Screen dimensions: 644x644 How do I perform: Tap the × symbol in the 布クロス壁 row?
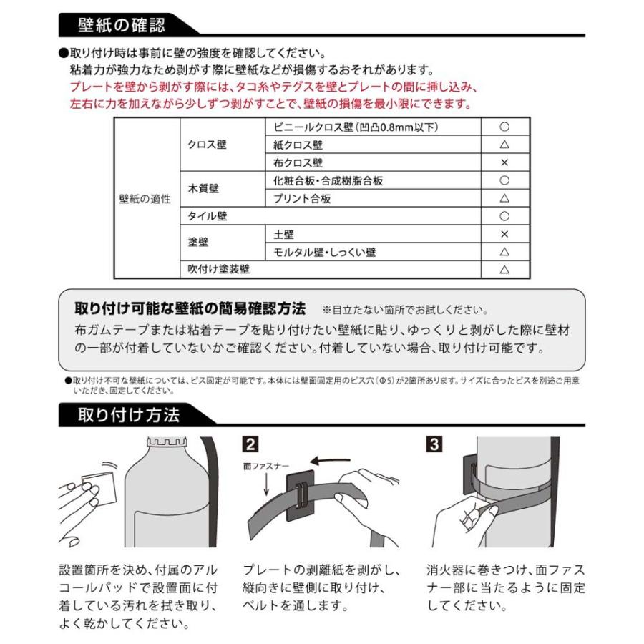click(x=504, y=162)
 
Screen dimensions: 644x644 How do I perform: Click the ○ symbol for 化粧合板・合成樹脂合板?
click(x=504, y=180)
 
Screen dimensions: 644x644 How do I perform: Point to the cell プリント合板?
click(x=303, y=198)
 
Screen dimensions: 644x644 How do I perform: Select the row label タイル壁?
click(x=208, y=216)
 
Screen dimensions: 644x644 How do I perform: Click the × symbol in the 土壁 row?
click(x=504, y=234)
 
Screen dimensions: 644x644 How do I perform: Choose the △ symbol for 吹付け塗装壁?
click(x=504, y=270)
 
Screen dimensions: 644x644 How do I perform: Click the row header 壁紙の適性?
click(x=145, y=198)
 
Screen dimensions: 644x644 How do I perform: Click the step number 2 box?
click(x=250, y=444)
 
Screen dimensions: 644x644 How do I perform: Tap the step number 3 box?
click(x=434, y=444)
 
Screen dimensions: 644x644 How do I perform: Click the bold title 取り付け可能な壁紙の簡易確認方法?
click(x=190, y=309)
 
